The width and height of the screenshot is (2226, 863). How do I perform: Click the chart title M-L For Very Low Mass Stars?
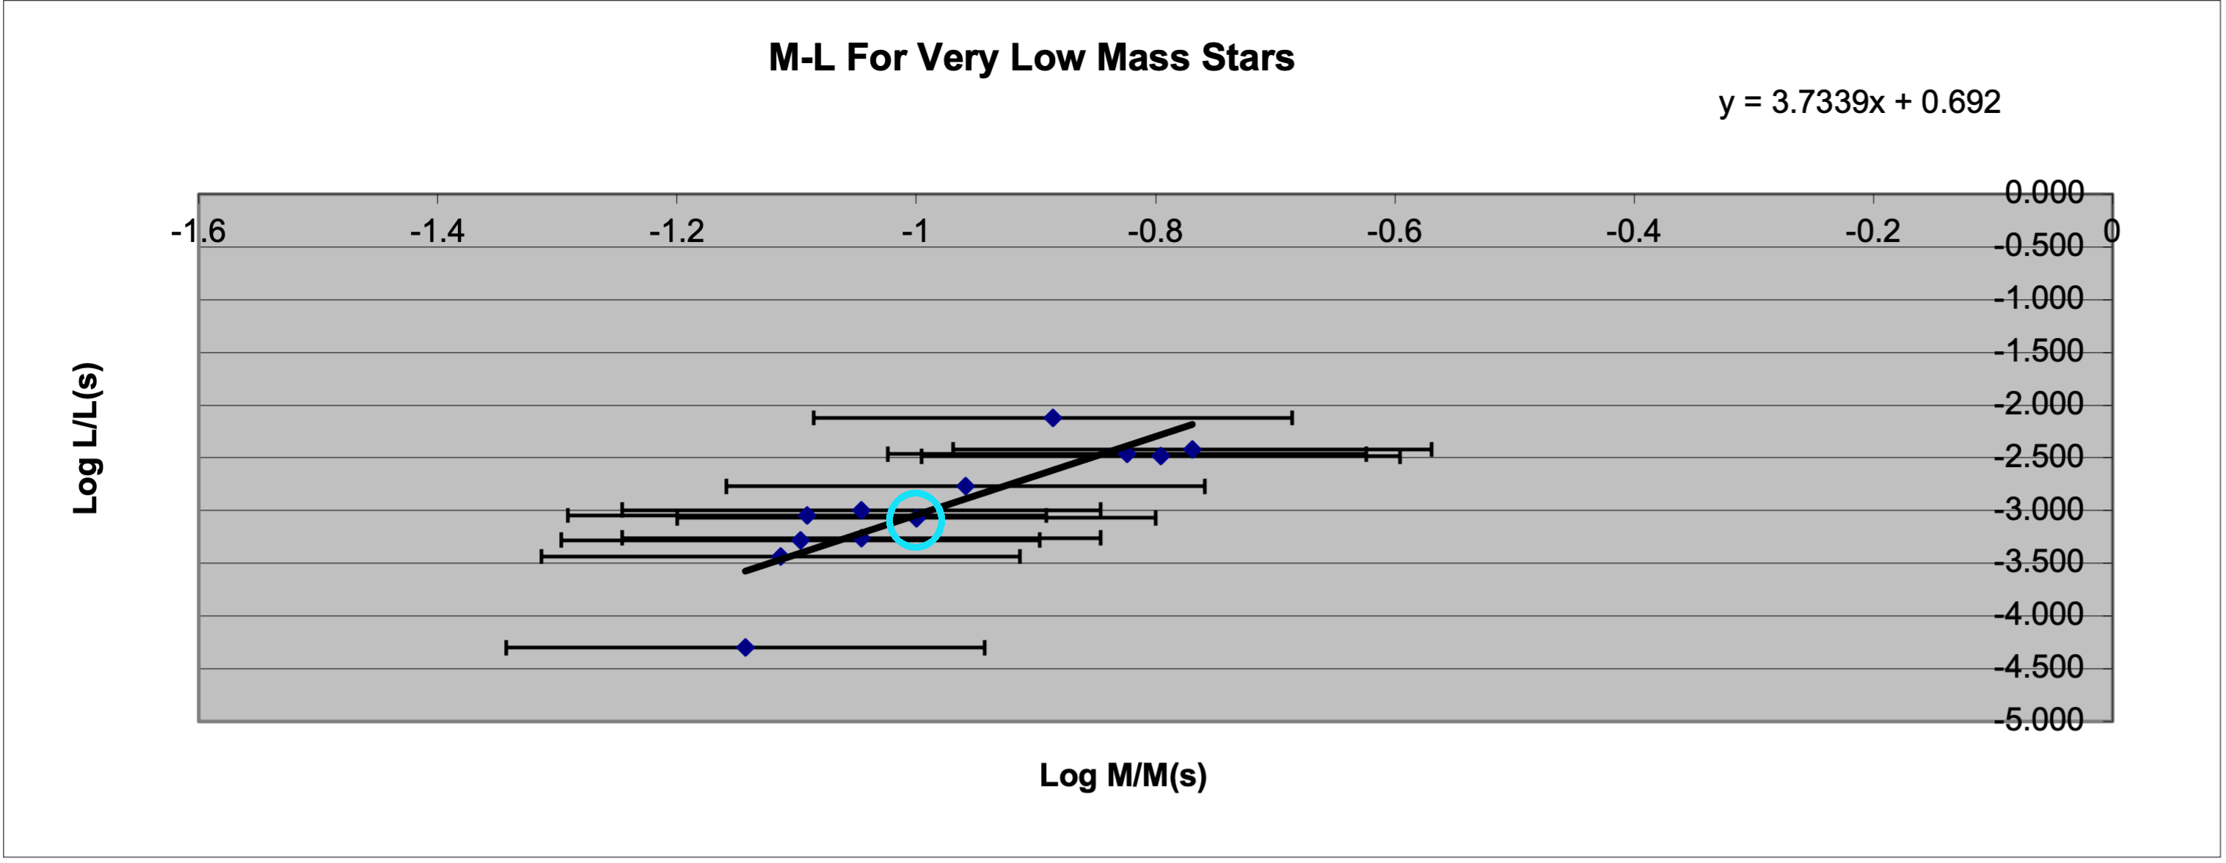(x=1031, y=58)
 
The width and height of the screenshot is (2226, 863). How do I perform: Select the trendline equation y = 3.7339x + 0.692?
(x=1860, y=103)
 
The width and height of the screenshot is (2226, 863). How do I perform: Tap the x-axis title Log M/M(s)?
(x=1123, y=775)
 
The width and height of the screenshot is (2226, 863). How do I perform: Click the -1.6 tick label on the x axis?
(x=198, y=232)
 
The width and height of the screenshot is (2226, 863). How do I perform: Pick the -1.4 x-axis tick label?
(x=437, y=232)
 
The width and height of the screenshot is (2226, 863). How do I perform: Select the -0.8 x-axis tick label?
(x=1155, y=232)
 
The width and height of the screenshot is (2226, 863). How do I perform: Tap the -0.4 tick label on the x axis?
(x=1633, y=232)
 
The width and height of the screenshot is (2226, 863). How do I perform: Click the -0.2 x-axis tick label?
(x=1872, y=232)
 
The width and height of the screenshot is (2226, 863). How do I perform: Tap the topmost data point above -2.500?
(x=1053, y=418)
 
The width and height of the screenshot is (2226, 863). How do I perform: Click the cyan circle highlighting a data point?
(x=915, y=519)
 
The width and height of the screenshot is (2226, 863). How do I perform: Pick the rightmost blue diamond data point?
(x=1192, y=449)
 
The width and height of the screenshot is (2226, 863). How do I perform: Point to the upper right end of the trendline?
(x=1192, y=424)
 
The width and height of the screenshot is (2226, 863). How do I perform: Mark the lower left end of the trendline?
(x=745, y=571)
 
